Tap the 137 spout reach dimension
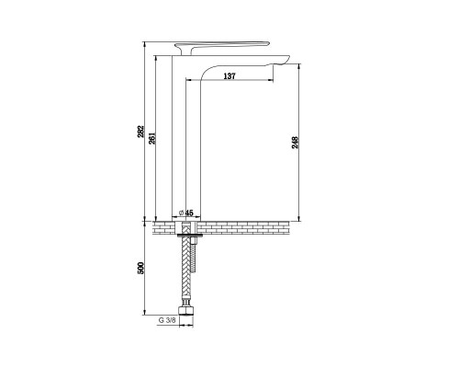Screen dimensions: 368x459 click(229, 78)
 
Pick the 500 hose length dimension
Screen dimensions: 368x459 click(140, 271)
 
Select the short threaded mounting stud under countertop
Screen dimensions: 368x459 click(193, 241)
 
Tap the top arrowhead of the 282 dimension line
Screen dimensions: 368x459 click(147, 43)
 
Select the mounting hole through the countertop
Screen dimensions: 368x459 click(186, 225)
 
